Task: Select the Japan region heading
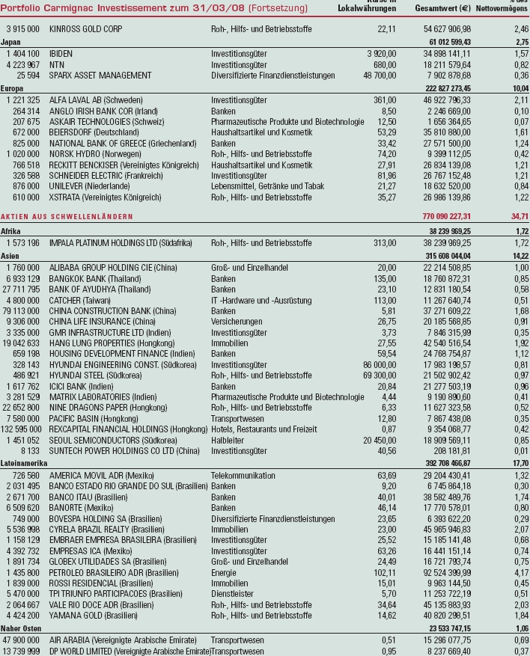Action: (11, 42)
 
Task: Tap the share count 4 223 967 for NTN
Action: (24, 65)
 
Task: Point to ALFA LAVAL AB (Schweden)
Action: (97, 99)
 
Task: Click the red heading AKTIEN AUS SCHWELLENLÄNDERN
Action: (67, 216)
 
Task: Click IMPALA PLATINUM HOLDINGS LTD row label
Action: (121, 243)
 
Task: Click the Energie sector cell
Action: (224, 572)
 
